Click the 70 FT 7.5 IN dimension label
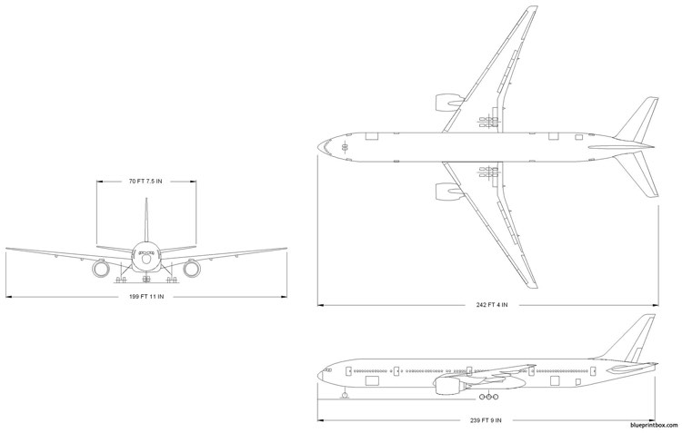click(x=145, y=182)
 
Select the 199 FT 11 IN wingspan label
click(x=146, y=297)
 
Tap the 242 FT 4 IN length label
click(x=491, y=305)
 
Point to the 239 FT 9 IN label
click(x=486, y=420)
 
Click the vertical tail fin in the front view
click(x=146, y=221)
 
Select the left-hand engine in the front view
click(x=101, y=269)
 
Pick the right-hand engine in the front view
click(x=191, y=269)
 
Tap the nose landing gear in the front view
click(x=146, y=278)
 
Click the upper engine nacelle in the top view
click(x=449, y=103)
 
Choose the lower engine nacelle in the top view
click(x=449, y=192)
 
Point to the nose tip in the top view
click(x=318, y=147)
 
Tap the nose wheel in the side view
click(x=345, y=395)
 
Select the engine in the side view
click(x=448, y=385)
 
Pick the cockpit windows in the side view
click(x=326, y=370)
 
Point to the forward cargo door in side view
click(x=372, y=381)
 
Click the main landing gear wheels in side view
click(x=489, y=397)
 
